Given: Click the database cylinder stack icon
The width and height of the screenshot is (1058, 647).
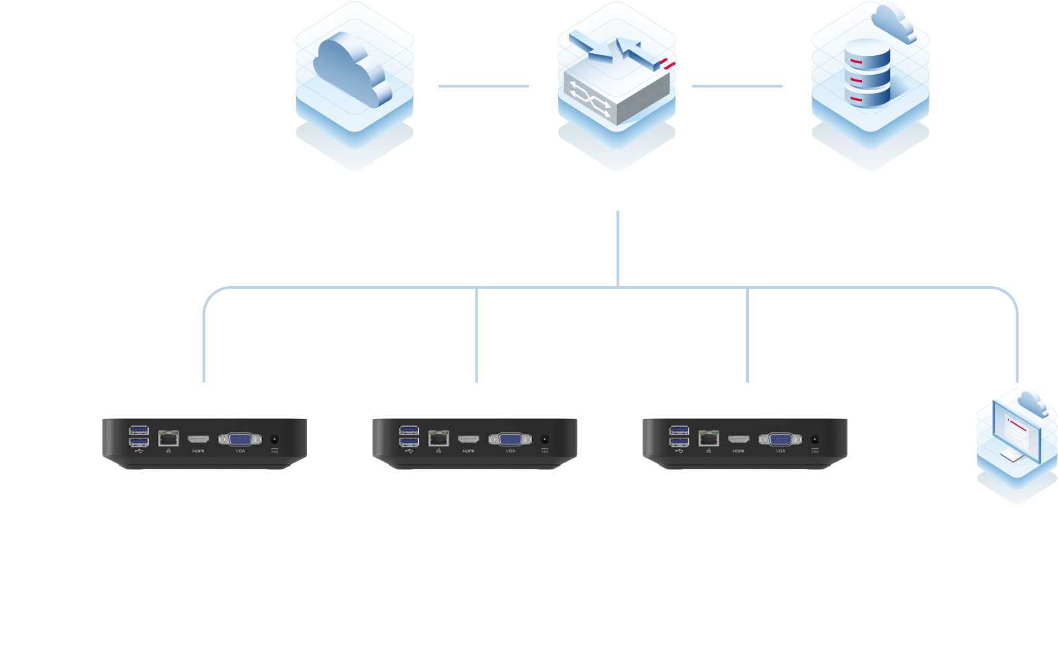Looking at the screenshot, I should tap(868, 74).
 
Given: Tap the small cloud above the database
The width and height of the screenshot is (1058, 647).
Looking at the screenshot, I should tap(894, 24).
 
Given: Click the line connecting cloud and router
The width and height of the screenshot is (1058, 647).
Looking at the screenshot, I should tap(484, 86).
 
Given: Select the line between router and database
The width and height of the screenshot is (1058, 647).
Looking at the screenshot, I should tap(737, 86).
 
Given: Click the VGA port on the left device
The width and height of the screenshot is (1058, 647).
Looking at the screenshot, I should tap(240, 440).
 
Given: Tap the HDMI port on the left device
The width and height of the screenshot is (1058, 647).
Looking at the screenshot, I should tap(198, 440).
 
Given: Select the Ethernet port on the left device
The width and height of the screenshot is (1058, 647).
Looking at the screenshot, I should tap(168, 438).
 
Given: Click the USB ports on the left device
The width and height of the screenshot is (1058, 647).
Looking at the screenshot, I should tap(139, 436).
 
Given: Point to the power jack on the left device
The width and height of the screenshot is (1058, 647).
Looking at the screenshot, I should tap(274, 439).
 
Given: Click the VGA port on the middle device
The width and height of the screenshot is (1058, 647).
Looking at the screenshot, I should tap(510, 440).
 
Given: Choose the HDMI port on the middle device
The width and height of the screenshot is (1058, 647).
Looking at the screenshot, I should tap(468, 440).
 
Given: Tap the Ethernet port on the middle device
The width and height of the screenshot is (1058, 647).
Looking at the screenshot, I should tap(438, 438).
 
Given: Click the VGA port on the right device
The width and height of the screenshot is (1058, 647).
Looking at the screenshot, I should tap(781, 440).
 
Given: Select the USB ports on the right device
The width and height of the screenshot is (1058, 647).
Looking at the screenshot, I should tap(679, 436).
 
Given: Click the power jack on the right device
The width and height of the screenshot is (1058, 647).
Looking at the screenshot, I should tap(815, 439).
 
